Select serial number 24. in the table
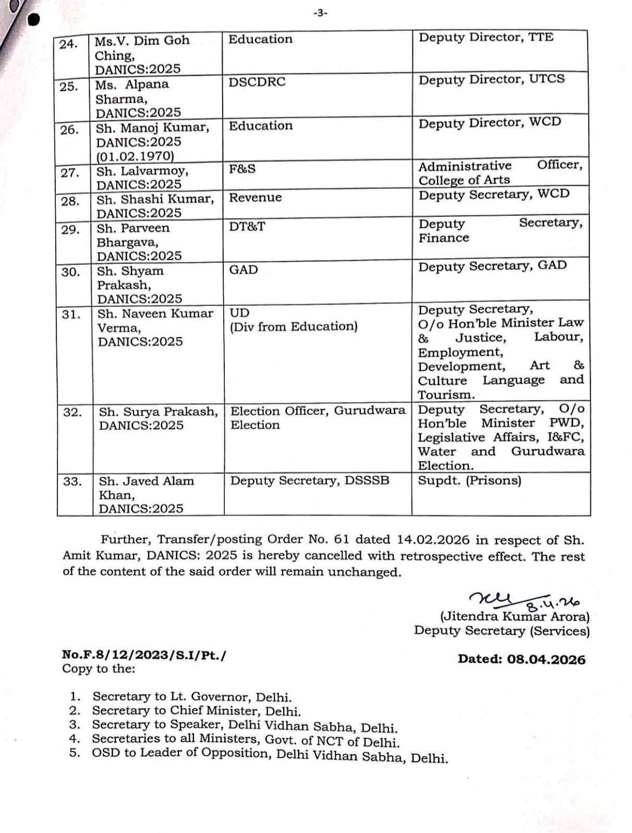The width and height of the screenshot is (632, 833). point(68,44)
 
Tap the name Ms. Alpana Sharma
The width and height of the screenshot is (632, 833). point(132,92)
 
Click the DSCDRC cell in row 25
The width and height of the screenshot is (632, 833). point(257,82)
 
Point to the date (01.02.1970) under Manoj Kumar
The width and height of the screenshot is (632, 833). point(135,156)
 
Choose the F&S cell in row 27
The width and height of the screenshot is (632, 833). point(242,169)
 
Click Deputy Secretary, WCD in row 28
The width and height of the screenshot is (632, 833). point(493,194)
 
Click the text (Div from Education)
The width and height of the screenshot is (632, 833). point(294,327)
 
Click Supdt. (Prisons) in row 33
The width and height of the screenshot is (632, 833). point(469,480)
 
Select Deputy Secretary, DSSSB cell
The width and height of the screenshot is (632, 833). point(310,481)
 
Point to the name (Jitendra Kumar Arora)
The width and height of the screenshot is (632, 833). point(515,617)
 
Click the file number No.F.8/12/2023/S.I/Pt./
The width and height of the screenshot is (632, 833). point(144,655)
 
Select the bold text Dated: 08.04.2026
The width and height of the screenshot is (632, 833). point(521,659)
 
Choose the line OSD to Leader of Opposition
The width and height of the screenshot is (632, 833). point(270,754)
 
